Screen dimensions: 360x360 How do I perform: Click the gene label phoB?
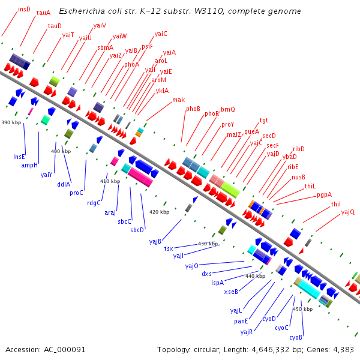coord(193,109)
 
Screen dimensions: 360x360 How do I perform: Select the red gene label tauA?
coord(43,12)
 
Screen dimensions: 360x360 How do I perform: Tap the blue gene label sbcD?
coord(137,229)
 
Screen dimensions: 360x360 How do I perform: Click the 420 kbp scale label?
coord(159,212)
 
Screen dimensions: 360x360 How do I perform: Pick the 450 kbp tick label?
coord(302,309)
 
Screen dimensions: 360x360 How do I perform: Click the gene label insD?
coord(24,9)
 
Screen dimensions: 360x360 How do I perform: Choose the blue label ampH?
coord(29,164)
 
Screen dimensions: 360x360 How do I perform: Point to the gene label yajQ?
coord(347,212)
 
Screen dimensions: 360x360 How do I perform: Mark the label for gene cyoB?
coord(296,337)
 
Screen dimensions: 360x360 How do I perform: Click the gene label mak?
coord(178,100)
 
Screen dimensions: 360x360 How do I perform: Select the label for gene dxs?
coord(206,274)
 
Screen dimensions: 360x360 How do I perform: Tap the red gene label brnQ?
coord(228,109)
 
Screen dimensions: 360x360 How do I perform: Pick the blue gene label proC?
coord(76,193)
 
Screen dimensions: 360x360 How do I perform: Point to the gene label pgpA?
coord(324,194)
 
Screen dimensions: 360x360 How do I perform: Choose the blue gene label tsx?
coord(169,248)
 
